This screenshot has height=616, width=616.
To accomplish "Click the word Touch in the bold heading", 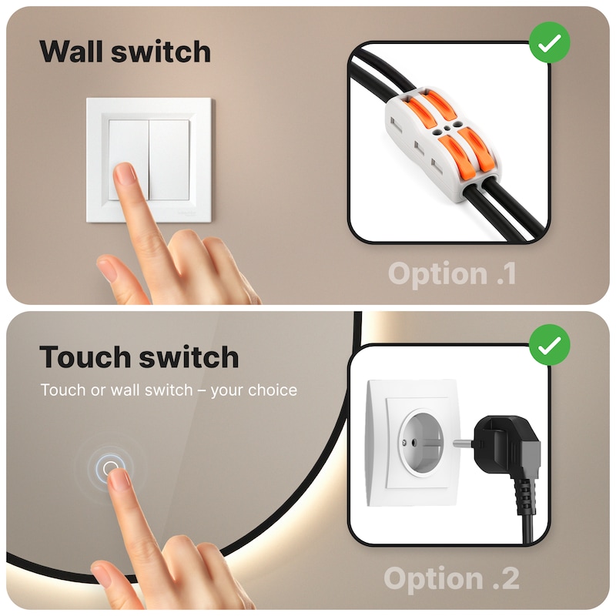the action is (85, 357).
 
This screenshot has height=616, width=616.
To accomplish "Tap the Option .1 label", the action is (452, 274).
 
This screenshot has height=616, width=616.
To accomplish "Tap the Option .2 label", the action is (451, 579).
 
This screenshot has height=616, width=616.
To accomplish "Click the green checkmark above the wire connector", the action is (550, 42).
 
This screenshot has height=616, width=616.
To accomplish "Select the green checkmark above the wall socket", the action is (550, 345).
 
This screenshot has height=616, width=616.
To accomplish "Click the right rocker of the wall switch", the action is (169, 160).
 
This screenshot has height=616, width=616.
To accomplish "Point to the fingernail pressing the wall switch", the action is (125, 175).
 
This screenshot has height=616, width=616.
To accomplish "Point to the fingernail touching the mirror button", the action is (119, 480).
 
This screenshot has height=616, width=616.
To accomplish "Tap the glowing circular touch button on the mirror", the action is (110, 467).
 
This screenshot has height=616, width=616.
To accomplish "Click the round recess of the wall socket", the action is (421, 442).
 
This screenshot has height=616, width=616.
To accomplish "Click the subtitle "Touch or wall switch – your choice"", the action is (169, 390).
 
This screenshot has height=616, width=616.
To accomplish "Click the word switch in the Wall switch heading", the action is (161, 52).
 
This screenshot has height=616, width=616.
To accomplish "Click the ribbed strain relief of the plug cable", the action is (524, 496).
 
